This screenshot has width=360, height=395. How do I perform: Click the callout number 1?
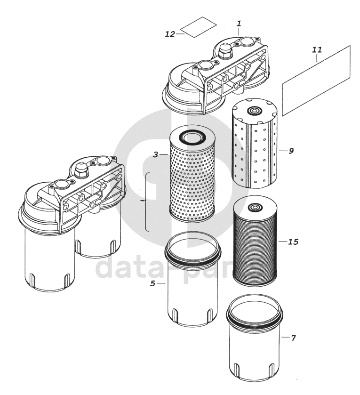tap(239, 23)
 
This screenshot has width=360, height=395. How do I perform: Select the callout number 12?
tap(170, 34)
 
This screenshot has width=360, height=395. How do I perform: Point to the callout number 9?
tap(291, 151)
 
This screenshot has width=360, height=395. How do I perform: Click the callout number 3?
tap(155, 154)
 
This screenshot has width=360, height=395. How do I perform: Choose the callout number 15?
tap(293, 242)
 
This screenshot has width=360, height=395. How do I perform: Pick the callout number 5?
tap(152, 283)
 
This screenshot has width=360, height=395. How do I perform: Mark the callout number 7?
tap(293, 338)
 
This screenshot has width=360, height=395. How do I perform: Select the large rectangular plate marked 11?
tap(317, 81)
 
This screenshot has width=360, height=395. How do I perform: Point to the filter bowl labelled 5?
tap(192, 287)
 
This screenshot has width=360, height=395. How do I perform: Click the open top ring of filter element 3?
tap(192, 137)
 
